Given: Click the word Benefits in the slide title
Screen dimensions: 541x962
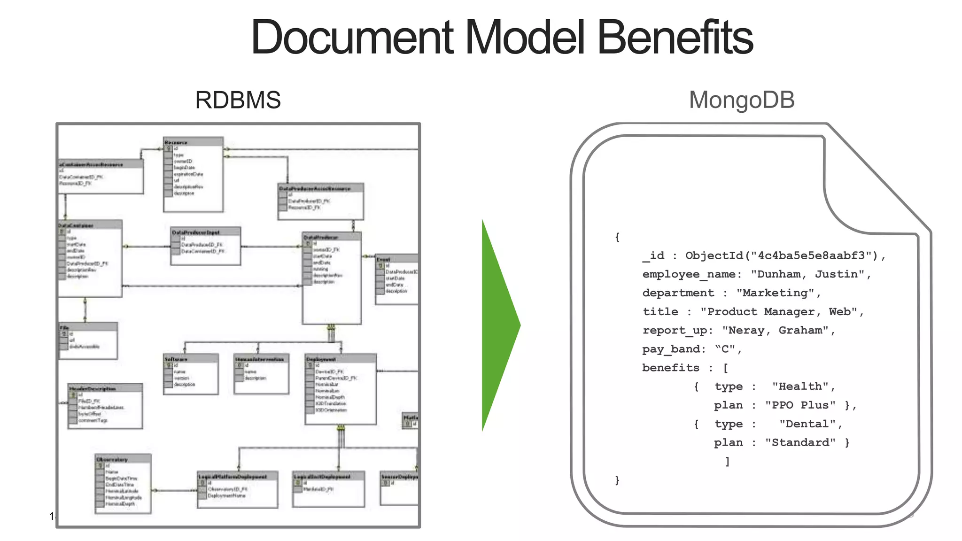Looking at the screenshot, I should point(675,38).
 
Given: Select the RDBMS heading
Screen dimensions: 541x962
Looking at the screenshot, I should point(238,100).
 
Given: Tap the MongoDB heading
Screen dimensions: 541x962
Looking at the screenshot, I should point(741,100).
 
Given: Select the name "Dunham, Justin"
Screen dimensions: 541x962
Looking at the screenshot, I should point(811,274).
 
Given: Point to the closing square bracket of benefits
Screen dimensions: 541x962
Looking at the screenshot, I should point(727,462).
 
